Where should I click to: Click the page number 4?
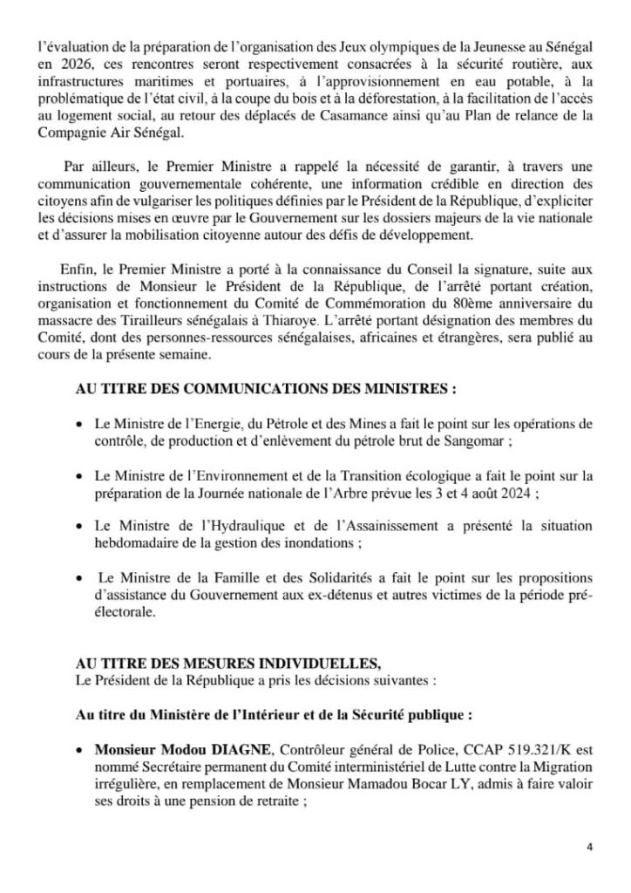pyautogui.click(x=589, y=846)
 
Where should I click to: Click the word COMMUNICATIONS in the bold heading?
pyautogui.click(x=249, y=386)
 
